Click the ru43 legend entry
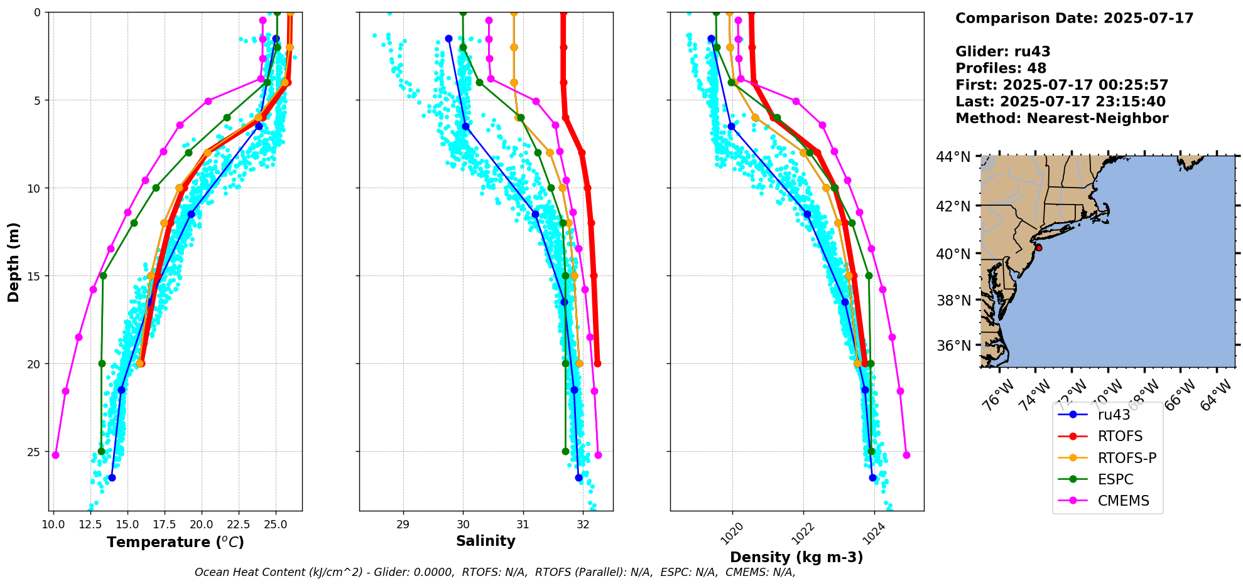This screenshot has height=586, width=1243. tap(1114, 415)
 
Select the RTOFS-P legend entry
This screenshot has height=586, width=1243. tap(1127, 458)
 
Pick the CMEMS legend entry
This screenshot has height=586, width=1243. tap(1123, 501)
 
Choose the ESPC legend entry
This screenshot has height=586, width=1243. tap(1115, 479)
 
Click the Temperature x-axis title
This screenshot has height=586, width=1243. tap(175, 542)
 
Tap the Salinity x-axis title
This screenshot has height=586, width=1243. tap(486, 541)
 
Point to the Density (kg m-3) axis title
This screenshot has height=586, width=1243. tap(796, 557)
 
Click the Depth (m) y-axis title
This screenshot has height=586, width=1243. tap(14, 262)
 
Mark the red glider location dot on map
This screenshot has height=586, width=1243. tap(1039, 248)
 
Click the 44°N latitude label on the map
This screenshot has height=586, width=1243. tap(953, 157)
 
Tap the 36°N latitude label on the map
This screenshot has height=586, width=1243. tap(953, 346)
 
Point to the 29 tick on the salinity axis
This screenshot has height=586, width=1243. tap(403, 524)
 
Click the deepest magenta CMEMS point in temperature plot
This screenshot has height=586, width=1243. tap(55, 455)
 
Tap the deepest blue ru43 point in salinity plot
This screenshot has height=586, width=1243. tap(578, 477)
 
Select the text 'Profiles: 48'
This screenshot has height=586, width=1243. tap(1001, 68)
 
